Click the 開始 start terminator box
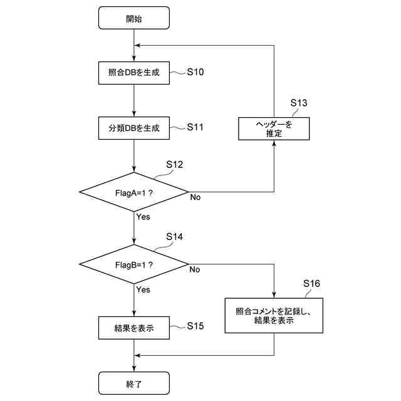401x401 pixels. tap(134, 18)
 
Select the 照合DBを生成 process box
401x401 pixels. tap(134, 73)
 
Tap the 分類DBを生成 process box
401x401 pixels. tap(134, 128)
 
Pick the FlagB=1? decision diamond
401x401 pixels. tap(134, 264)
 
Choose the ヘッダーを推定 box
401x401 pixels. tap(274, 128)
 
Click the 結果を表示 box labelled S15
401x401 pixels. tap(134, 327)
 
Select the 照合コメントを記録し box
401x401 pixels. tap(274, 315)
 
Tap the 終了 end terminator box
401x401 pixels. tap(134, 382)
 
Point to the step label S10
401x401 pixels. tap(195, 72)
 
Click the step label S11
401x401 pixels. tap(195, 127)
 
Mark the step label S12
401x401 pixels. tap(174, 165)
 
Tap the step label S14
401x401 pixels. tap(174, 237)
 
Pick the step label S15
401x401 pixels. tap(195, 326)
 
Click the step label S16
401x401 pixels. tap(311, 284)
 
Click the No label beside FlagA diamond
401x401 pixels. tap(195, 197)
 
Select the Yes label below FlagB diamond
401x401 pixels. tap(143, 290)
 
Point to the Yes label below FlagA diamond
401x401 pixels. tap(143, 217)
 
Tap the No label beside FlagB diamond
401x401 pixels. tap(195, 270)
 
